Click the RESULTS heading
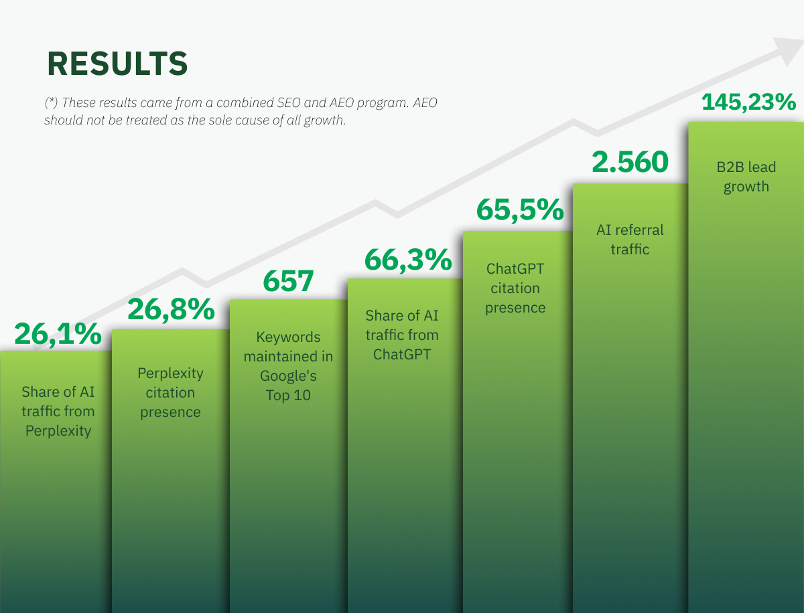coord(117,64)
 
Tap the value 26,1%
coord(58,334)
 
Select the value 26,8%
coord(171,309)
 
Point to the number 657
coord(288,281)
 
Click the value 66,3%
coord(408,260)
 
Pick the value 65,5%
coord(520,209)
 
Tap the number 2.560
coord(630,162)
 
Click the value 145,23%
coord(748,102)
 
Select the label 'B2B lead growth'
coord(746,177)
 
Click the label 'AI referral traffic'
coord(630,240)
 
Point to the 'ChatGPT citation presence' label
coord(515,288)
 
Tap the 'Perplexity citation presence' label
coord(170,392)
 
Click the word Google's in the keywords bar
coord(288,376)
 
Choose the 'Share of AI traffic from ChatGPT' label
coord(402,335)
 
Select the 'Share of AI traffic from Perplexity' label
coord(58,411)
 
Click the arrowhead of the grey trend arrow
coord(791,50)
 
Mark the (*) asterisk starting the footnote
coord(51,102)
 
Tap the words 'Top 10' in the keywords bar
coord(288,396)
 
